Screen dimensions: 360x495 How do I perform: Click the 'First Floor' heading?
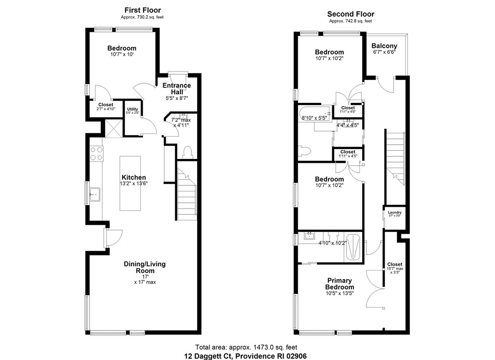142,10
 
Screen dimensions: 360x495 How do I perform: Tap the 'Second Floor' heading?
351,14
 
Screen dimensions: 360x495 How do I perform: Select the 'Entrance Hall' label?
177,89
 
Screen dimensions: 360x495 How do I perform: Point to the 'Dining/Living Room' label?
145,267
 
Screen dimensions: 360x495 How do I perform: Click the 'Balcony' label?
384,46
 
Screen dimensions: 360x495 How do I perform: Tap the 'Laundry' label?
395,212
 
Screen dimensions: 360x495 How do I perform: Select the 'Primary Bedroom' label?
339,284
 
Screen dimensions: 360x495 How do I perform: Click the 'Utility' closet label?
132,110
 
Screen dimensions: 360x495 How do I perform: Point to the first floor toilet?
187,151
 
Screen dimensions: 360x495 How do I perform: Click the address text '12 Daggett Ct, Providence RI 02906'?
246,356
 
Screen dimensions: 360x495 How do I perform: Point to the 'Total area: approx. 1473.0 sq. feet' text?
246,348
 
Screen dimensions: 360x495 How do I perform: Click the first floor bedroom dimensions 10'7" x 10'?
121,55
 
